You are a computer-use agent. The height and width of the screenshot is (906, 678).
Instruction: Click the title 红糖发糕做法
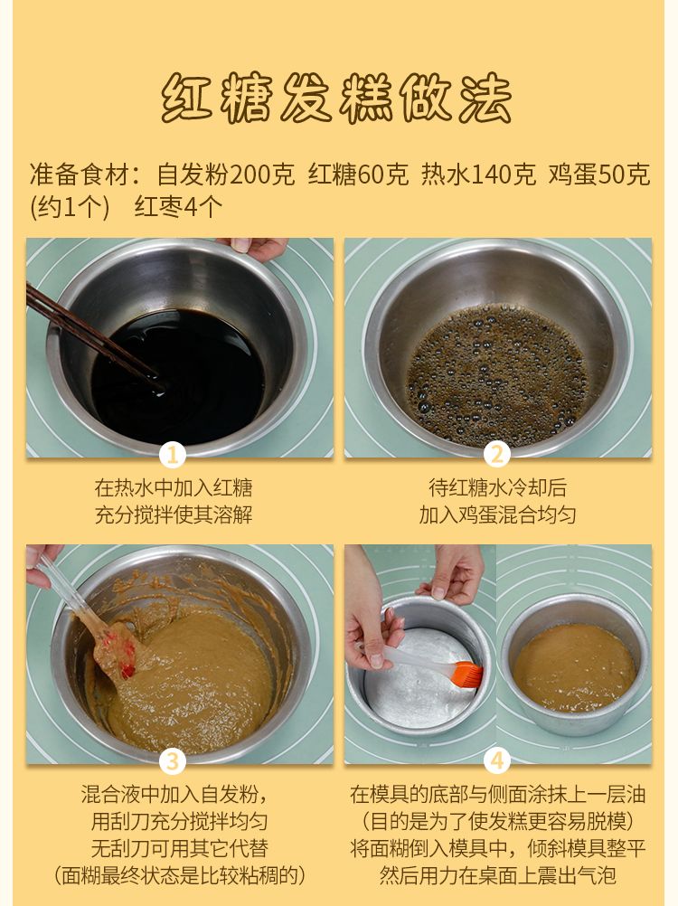336,98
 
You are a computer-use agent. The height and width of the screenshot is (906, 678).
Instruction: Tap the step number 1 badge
172,456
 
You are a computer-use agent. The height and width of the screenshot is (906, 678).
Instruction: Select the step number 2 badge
497,456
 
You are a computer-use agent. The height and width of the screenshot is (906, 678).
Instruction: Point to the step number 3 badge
172,761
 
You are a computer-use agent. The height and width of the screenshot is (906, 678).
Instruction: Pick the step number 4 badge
497,761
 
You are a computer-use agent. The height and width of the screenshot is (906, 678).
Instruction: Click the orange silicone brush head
466,675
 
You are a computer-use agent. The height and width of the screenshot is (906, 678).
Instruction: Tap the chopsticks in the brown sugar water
92,336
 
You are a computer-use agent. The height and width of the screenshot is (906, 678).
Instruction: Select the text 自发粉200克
225,175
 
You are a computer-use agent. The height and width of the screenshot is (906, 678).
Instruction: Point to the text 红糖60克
358,175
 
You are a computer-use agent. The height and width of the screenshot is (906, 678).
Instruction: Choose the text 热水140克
478,175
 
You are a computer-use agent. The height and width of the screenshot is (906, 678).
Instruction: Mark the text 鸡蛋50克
598,175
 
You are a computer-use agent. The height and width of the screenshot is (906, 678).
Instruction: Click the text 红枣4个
178,207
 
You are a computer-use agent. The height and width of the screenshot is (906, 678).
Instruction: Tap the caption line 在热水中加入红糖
174,487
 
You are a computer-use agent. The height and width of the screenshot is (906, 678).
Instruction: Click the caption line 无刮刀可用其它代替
180,848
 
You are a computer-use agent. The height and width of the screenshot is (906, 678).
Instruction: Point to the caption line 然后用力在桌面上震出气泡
498,874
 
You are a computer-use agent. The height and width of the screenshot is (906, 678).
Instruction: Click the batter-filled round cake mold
575,665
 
